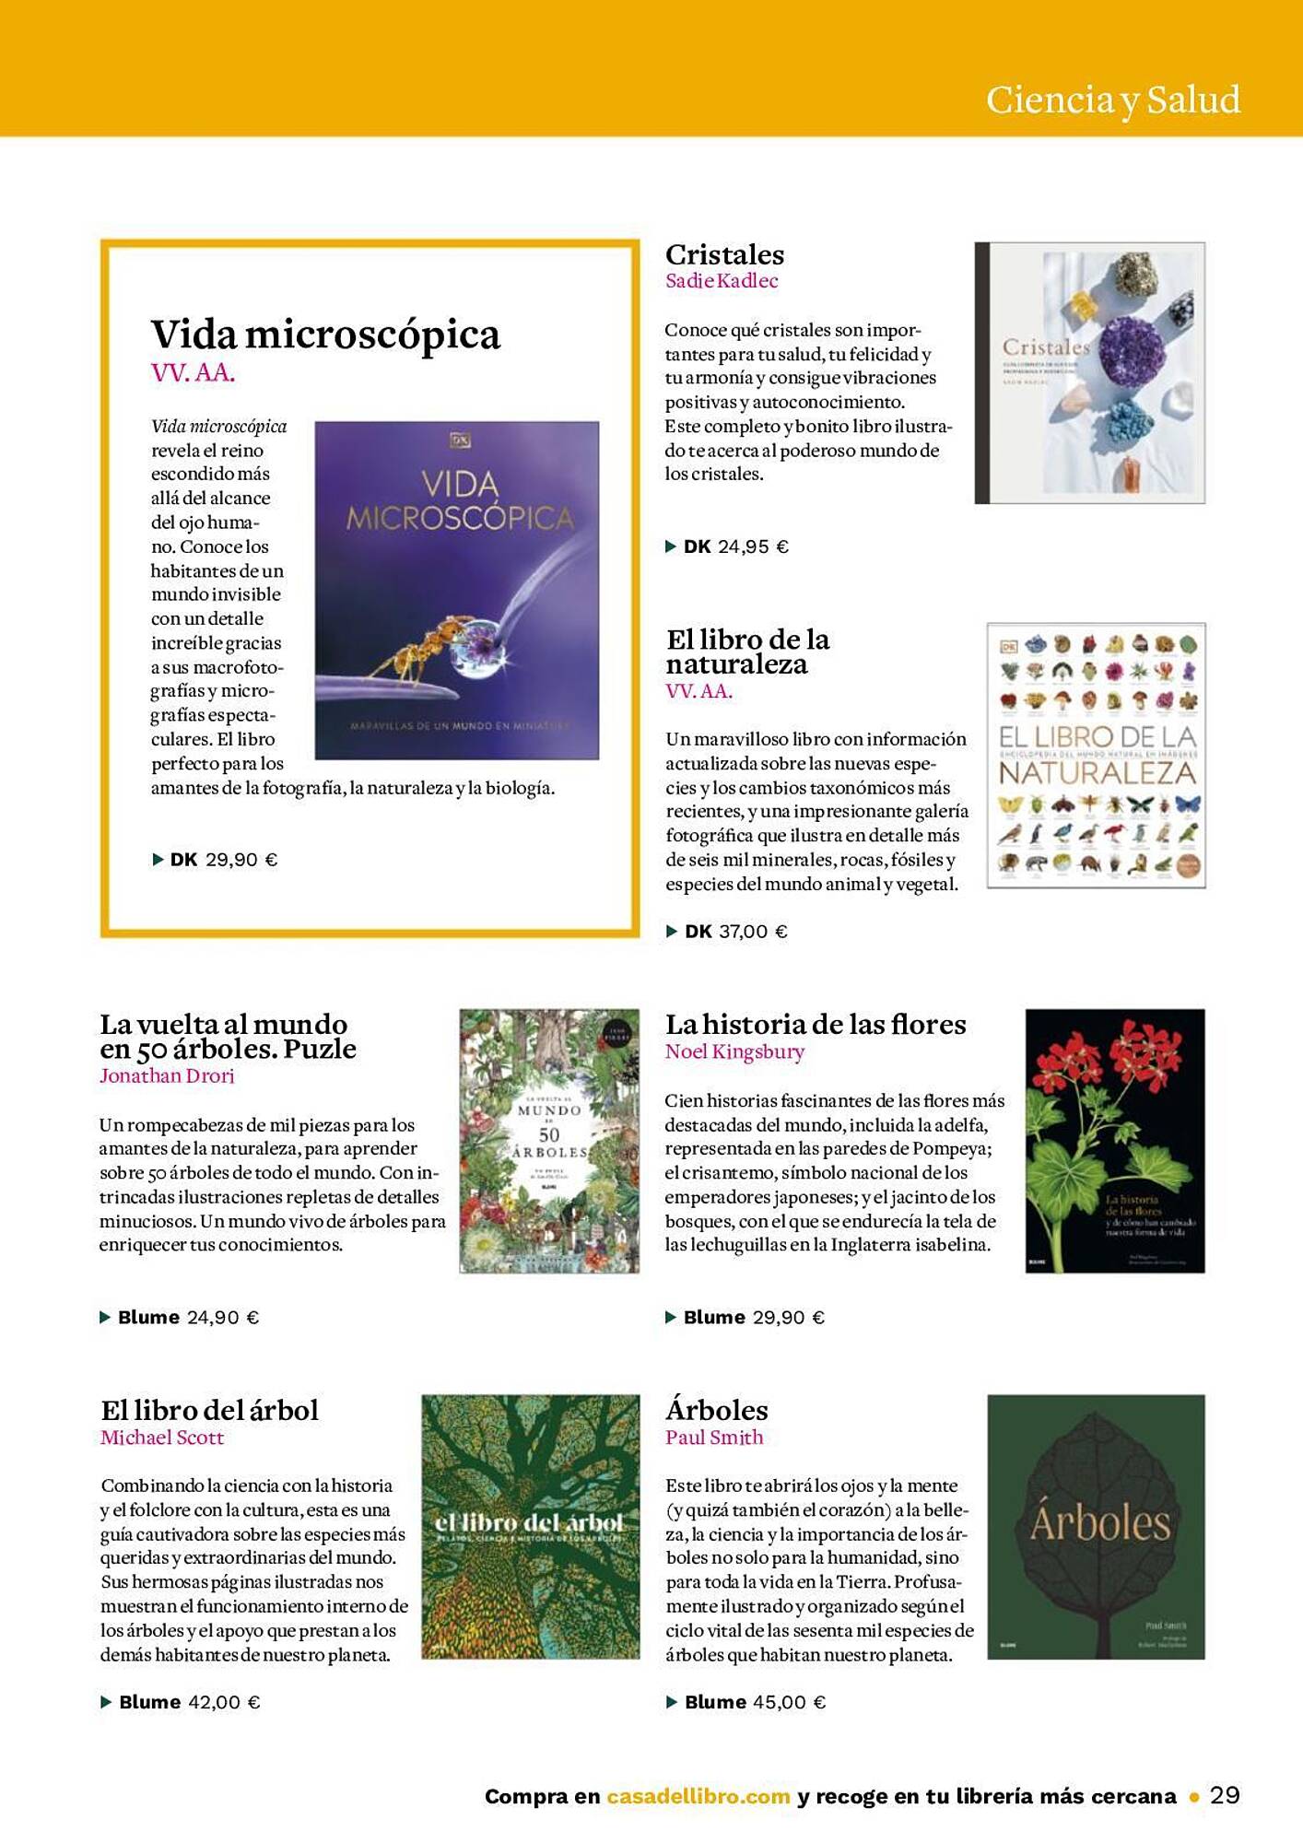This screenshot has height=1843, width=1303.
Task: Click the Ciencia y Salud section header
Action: pos(1112,100)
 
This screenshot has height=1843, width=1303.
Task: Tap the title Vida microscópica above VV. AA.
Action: pos(325,335)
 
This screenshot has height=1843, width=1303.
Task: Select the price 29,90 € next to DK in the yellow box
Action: pos(241,860)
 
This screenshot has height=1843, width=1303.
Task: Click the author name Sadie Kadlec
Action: pos(722,281)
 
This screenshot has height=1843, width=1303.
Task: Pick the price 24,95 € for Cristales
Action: pos(753,546)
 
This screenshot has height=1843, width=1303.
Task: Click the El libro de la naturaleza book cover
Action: pos(1096,756)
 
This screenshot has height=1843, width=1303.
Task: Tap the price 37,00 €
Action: pos(753,932)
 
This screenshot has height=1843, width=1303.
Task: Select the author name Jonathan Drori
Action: pos(167,1075)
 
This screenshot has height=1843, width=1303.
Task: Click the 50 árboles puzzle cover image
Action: pos(549,1141)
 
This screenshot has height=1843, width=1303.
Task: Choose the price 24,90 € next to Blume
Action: pos(223,1318)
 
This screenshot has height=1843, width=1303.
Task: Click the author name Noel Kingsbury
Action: pos(734,1051)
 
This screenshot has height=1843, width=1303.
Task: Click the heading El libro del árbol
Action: pos(209,1411)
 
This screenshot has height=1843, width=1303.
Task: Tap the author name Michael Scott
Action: pos(162,1438)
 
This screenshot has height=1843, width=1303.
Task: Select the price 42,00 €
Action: pos(224,1703)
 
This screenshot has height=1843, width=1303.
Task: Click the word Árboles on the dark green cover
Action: pos(1099,1523)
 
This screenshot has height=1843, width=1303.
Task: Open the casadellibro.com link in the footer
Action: pos(698,1796)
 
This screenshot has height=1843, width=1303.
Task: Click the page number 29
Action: pos(1225,1795)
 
